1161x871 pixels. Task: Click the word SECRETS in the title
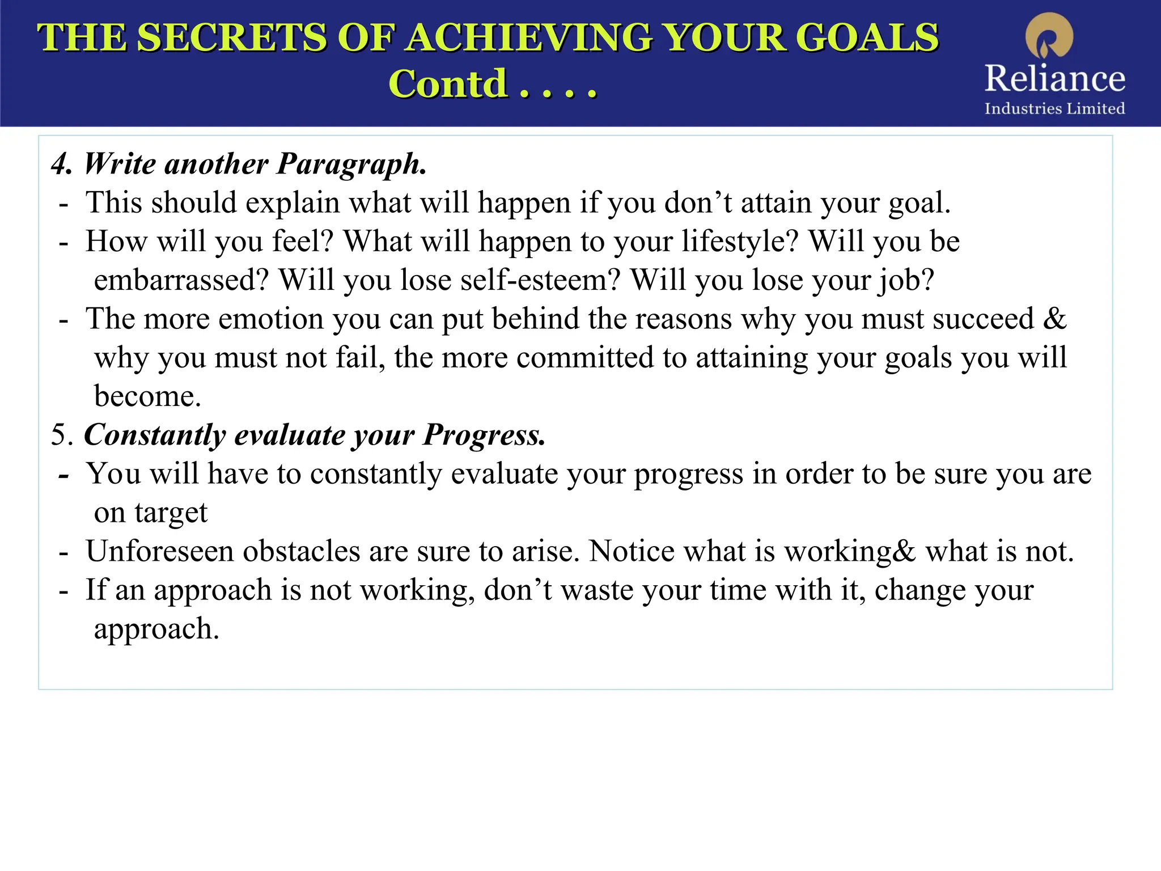(232, 38)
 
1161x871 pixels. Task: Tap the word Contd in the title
(447, 84)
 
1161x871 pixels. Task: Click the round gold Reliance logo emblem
(1049, 35)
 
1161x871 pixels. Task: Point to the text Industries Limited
(1054, 108)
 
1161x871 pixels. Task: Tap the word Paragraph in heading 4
(351, 164)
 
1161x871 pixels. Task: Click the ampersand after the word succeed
(1054, 319)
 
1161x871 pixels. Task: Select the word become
(147, 396)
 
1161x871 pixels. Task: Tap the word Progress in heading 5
(484, 435)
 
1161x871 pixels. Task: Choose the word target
(171, 513)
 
